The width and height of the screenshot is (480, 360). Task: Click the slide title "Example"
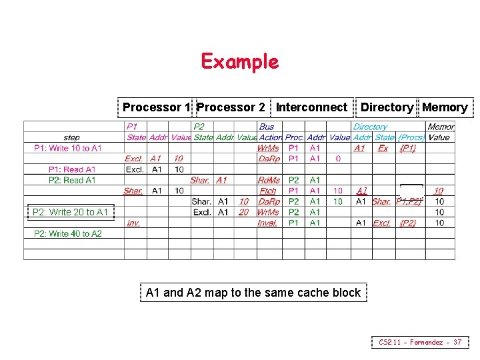tap(239, 61)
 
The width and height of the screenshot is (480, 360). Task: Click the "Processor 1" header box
tap(157, 107)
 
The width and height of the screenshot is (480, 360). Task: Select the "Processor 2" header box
tap(231, 107)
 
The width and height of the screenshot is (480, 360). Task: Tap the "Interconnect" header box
tap(311, 107)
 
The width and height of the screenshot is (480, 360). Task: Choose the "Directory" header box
tap(387, 107)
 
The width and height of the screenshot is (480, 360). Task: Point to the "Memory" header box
tap(445, 107)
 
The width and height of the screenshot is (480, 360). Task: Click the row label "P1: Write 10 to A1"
tap(68, 148)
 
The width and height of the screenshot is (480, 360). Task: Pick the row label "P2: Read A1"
tap(72, 180)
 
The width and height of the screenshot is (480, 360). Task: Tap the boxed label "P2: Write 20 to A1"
tap(71, 212)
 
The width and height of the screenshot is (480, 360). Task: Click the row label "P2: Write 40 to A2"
tap(68, 233)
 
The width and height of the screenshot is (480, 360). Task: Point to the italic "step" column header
tap(72, 137)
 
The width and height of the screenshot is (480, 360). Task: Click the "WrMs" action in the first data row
tap(268, 148)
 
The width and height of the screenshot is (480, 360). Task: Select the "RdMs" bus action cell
tap(269, 180)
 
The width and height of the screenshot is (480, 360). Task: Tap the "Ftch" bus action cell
tap(268, 191)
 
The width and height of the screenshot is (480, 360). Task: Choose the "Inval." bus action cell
tap(267, 223)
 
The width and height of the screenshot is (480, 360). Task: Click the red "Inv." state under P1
tap(133, 223)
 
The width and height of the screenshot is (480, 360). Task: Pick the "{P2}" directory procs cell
tap(407, 223)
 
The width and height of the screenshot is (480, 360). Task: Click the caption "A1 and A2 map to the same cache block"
tap(253, 292)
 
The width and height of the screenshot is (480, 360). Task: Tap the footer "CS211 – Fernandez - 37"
tap(420, 342)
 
